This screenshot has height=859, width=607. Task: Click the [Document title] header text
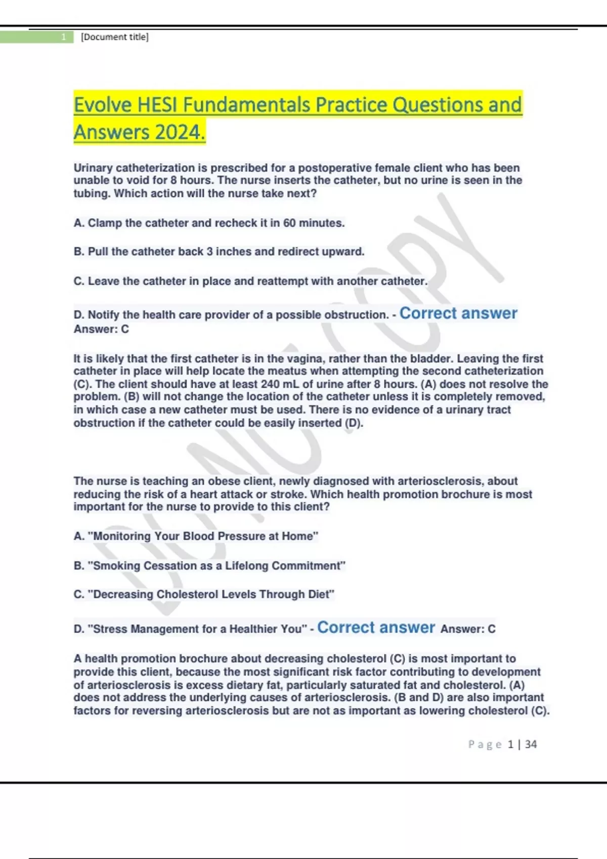coord(115,37)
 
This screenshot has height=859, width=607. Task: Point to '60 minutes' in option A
coord(313,223)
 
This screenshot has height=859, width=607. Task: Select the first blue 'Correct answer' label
coord(458,313)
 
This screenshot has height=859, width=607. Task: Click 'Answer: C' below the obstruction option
coord(101,329)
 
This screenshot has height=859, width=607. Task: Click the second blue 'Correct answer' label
coord(376,628)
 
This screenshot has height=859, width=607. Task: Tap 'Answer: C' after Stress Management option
coord(468,629)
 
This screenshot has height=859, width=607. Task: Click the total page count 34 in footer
coord(531,744)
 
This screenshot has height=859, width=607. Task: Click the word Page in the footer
coord(484,744)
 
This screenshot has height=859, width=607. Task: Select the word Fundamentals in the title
coord(246,105)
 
